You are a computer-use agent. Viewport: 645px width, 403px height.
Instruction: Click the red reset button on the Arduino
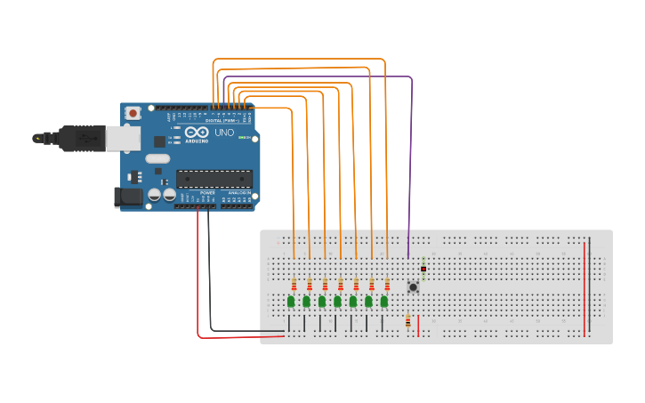pyautogui.click(x=133, y=113)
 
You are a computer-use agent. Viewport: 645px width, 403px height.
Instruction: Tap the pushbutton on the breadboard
pyautogui.click(x=413, y=286)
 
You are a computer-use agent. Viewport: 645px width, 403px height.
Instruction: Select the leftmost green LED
pyautogui.click(x=291, y=302)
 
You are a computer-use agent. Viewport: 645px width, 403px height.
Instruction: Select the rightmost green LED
pyautogui.click(x=384, y=302)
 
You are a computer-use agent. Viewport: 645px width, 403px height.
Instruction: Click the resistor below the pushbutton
pyautogui.click(x=408, y=321)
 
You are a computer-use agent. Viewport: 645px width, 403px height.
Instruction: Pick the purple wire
pyautogui.click(x=411, y=160)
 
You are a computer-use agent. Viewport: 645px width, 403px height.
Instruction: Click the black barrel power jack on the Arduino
pyautogui.click(x=128, y=197)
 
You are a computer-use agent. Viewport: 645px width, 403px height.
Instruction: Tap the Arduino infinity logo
pyautogui.click(x=198, y=133)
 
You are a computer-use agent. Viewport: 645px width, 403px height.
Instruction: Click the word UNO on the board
pyautogui.click(x=224, y=133)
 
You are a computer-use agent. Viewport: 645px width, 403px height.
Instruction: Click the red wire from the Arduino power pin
pyautogui.click(x=198, y=285)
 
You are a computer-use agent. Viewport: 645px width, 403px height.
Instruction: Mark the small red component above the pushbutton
pyautogui.click(x=423, y=268)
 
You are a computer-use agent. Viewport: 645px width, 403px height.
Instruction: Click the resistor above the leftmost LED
pyautogui.click(x=294, y=284)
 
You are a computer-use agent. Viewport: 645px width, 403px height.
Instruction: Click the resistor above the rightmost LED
pyautogui.click(x=387, y=284)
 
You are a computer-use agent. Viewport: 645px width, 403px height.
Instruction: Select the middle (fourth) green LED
pyautogui.click(x=338, y=302)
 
